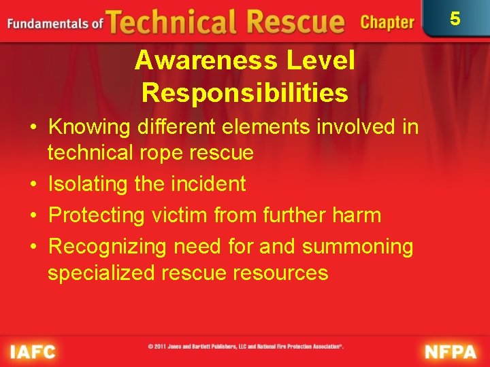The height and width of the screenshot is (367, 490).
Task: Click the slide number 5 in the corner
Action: tap(455, 18)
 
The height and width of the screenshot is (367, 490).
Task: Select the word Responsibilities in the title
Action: tap(245, 92)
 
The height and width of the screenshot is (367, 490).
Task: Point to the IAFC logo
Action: tap(33, 351)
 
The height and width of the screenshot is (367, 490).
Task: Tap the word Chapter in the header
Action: tap(387, 22)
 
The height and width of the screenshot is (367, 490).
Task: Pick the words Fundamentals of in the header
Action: tap(54, 24)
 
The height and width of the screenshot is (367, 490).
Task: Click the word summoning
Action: tap(357, 246)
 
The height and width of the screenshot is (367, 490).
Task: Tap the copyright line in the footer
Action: tap(246, 347)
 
